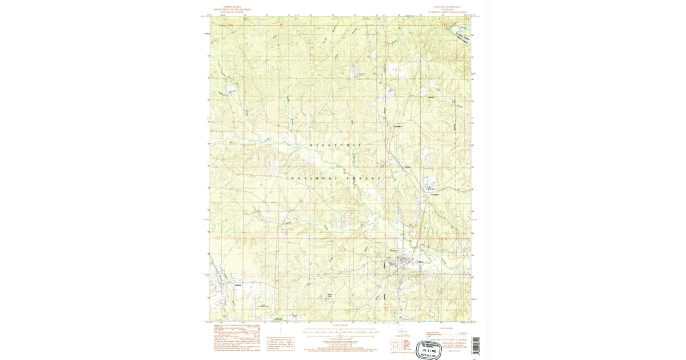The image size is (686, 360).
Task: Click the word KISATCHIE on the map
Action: tap(336, 146)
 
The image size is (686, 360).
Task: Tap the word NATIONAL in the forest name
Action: tap(311, 179)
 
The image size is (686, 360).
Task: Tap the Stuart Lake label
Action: tap(329, 296)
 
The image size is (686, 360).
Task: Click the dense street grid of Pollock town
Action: tap(404, 264)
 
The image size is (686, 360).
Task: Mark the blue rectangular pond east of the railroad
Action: tap(429, 182)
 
